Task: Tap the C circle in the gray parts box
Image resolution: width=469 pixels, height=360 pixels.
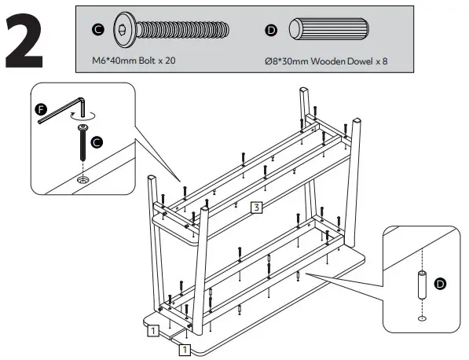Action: [x=97, y=30]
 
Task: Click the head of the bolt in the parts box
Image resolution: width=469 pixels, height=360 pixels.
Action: [x=126, y=30]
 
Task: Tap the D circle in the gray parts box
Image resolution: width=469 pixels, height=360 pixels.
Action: [x=272, y=30]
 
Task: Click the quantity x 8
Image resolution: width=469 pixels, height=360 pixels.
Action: [x=380, y=60]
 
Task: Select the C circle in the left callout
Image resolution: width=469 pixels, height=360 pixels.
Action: [x=97, y=142]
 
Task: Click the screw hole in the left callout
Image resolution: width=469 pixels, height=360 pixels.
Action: [x=82, y=181]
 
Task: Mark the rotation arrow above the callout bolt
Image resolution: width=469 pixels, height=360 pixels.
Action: [x=83, y=115]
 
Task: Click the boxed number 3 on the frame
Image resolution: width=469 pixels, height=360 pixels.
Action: [x=256, y=208]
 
